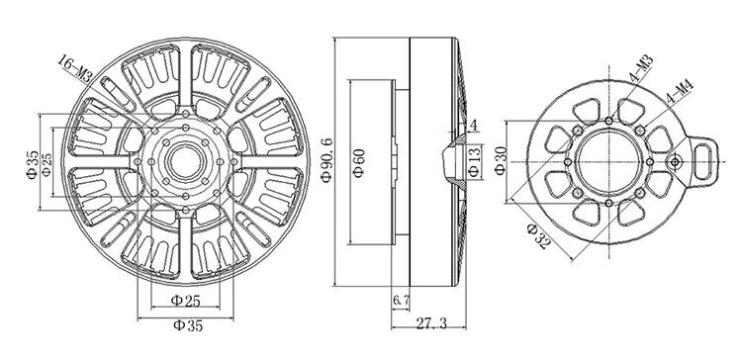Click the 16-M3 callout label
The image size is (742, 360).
[x=76, y=69]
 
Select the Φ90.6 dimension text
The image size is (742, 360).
[x=327, y=159]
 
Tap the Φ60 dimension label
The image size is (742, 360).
[x=359, y=162]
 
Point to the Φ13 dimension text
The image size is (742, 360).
[x=475, y=162]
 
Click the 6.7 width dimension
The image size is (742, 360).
[x=402, y=300]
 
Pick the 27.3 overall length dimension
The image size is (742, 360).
[x=431, y=323]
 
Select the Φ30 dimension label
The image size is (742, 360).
[x=501, y=161]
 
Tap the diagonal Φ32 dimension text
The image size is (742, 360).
[x=539, y=236]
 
